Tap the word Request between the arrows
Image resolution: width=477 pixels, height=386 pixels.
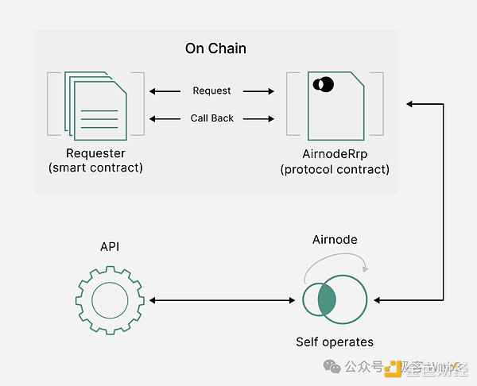[211, 91]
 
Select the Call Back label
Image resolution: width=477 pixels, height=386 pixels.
[212, 118]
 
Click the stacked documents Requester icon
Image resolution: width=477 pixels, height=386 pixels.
[95, 104]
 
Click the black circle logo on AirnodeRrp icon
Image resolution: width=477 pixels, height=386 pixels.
[324, 84]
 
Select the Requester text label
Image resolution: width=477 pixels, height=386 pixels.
[97, 152]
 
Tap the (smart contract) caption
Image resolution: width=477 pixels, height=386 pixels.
[97, 168]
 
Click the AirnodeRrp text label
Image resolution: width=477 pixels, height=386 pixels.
[335, 152]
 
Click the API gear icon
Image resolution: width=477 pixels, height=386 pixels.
[109, 300]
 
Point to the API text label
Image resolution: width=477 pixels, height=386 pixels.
[109, 246]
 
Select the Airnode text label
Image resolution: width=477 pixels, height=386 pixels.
[335, 239]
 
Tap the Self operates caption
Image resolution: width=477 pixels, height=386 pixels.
[335, 342]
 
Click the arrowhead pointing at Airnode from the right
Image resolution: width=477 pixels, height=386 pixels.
[378, 300]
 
